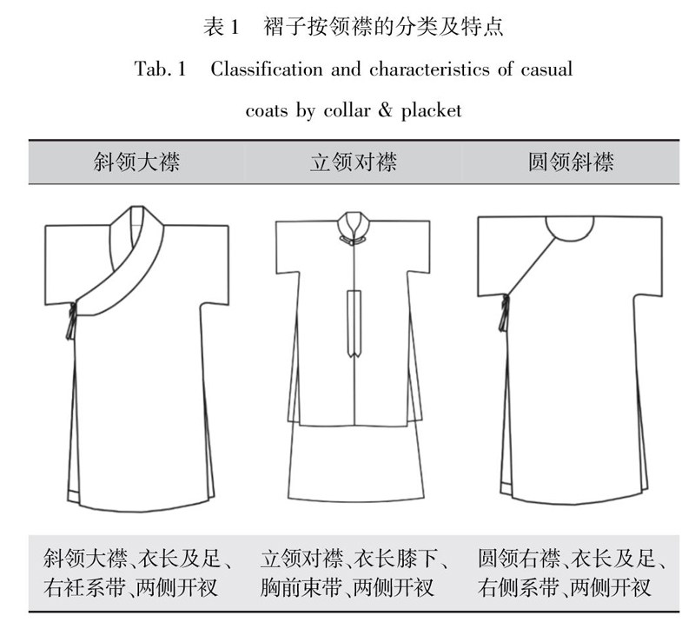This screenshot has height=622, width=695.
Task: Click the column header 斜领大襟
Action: coord(136,162)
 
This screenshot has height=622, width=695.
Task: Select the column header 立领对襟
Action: coord(354,162)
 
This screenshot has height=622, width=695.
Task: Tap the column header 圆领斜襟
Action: coord(571,162)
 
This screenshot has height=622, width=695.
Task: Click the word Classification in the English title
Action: coord(267,69)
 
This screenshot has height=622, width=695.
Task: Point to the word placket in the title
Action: coord(431,110)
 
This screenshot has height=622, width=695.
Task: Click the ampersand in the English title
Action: coord(385,110)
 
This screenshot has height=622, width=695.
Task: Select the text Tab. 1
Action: coord(160,69)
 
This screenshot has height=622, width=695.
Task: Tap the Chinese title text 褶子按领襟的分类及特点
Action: coord(383,27)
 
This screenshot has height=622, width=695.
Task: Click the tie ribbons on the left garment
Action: coord(71,321)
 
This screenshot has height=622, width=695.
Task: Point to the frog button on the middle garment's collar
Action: coord(354,241)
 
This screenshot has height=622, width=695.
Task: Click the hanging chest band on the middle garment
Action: coord(354,323)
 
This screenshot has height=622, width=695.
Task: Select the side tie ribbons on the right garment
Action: coord(504,314)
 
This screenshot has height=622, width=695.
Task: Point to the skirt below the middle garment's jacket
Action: coord(355,463)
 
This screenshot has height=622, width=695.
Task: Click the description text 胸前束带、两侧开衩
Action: coord(347,587)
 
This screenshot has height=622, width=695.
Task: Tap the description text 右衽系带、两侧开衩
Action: coord(130,587)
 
